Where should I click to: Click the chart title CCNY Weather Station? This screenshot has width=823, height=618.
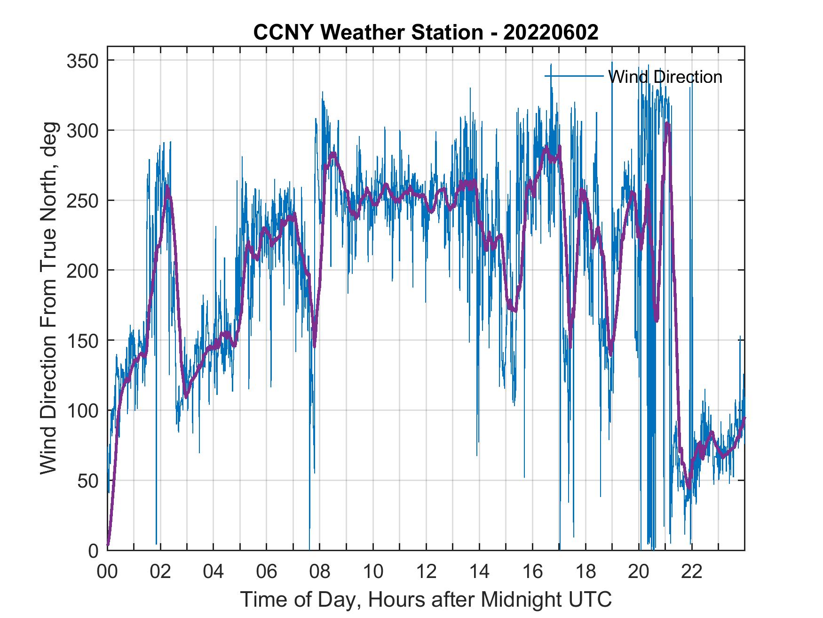426,32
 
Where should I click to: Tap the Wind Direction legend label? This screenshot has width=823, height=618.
665,77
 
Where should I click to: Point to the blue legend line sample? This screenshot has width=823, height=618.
574,76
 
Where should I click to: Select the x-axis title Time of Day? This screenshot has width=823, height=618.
426,600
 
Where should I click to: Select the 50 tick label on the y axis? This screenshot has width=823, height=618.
87,481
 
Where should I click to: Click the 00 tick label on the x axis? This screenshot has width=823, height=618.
107,572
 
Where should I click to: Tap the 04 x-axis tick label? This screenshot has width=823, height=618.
214,572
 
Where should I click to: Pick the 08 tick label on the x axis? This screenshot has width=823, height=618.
320,572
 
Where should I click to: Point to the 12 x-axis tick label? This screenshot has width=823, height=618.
426,572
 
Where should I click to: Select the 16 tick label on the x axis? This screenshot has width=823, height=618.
532,572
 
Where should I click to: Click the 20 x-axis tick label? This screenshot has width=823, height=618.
639,572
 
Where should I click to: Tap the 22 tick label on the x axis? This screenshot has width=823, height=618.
692,572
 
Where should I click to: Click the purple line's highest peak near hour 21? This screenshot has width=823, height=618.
667,124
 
